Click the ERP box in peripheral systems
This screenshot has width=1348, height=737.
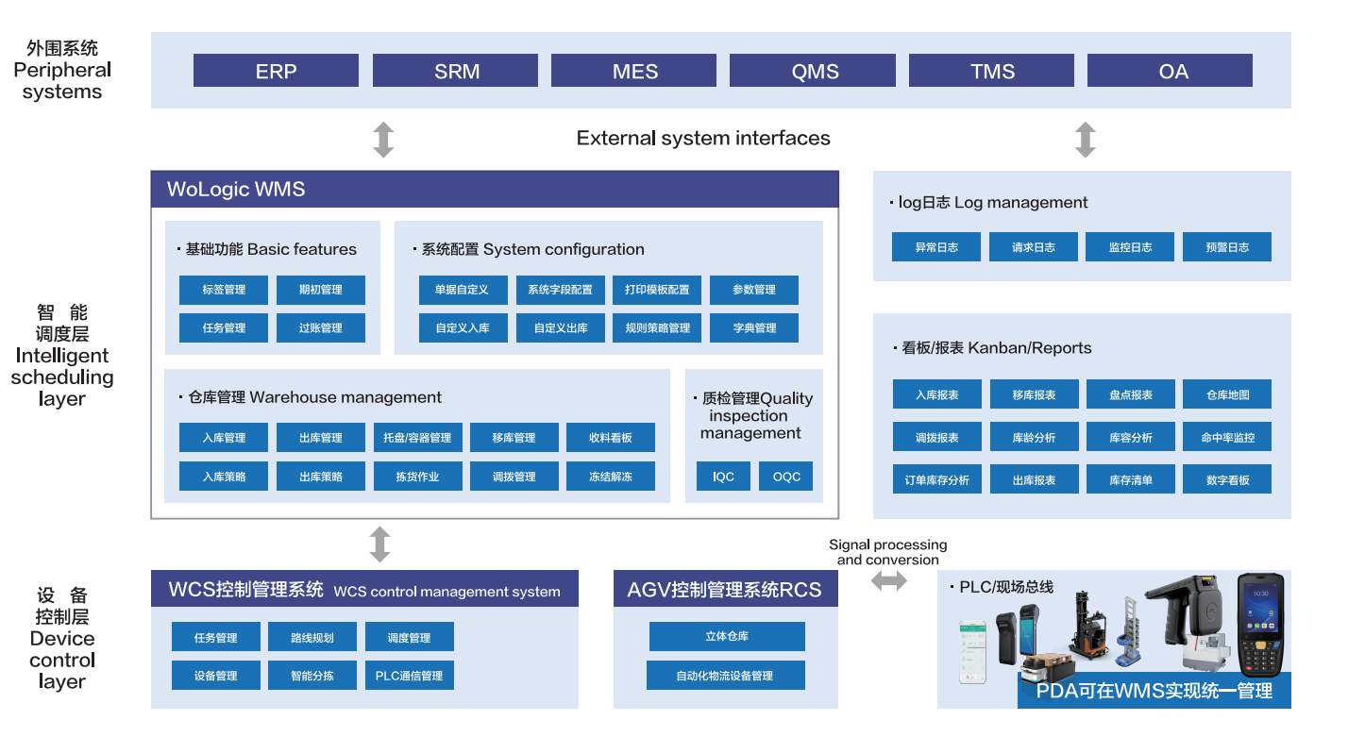[x=276, y=71]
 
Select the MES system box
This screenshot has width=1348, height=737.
[x=634, y=71]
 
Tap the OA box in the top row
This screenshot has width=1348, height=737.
[x=1171, y=71]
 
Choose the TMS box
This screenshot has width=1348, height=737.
[x=991, y=71]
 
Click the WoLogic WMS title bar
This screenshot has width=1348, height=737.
[x=495, y=190]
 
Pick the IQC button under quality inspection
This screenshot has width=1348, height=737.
[x=723, y=477]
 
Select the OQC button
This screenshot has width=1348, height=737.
[x=786, y=477]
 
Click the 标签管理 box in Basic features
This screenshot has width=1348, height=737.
[x=224, y=290]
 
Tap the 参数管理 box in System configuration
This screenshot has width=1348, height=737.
[x=754, y=290]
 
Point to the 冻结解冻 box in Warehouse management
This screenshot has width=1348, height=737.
[x=611, y=477]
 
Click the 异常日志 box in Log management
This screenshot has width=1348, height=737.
[x=936, y=247]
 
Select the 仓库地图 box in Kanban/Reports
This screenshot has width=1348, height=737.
[x=1227, y=394]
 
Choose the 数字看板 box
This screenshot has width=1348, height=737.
[x=1227, y=479]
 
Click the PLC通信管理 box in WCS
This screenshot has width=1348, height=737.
[x=409, y=676]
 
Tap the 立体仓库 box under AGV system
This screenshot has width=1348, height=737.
[x=727, y=636]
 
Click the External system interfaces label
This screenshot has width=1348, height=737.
[x=703, y=139]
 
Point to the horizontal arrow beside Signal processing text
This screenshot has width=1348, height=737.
[x=888, y=581]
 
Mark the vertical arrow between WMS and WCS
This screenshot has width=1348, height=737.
[x=379, y=544]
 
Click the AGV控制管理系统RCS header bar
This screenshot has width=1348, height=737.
[x=725, y=590]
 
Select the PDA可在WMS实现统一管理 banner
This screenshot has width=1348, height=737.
[x=1154, y=691]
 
